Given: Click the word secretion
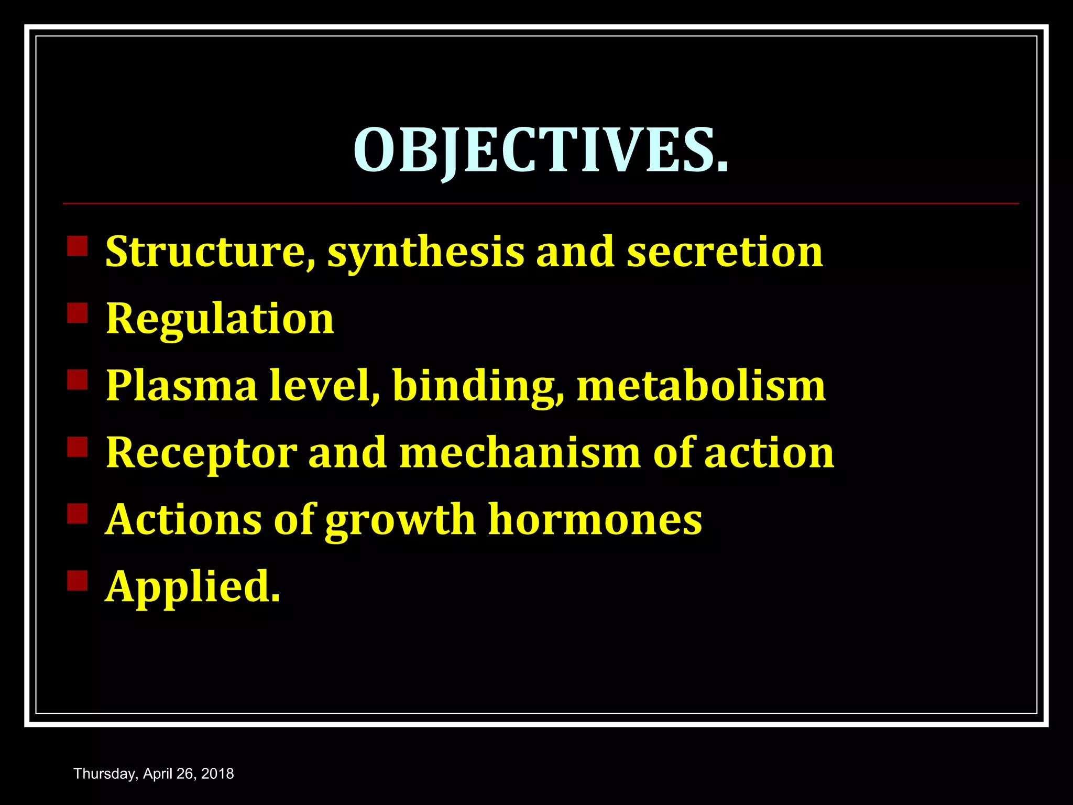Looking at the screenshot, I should click(x=725, y=252).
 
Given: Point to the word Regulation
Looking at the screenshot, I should click(x=220, y=320).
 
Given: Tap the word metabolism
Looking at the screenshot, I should click(x=701, y=386).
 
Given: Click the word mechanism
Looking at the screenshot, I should click(x=520, y=452).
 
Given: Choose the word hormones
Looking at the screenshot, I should click(x=595, y=519).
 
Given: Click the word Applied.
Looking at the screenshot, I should click(x=193, y=588).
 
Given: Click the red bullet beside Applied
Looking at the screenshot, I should click(x=78, y=581).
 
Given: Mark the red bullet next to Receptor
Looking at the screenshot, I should click(x=78, y=447).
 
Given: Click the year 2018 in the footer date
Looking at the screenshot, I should click(x=217, y=774).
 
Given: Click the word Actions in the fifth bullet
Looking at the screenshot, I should click(x=184, y=519).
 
